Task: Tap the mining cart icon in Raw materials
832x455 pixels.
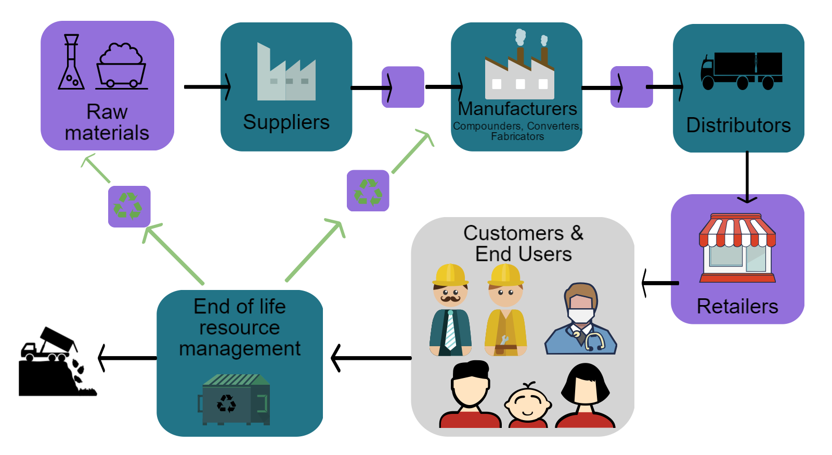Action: (121, 66)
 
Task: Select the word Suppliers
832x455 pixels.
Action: (286, 122)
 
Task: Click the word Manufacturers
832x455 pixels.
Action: (517, 109)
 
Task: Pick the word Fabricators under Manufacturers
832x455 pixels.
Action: (517, 137)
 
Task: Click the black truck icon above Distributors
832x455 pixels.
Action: (741, 70)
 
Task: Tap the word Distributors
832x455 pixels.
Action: (738, 125)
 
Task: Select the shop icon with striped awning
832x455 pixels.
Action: (737, 248)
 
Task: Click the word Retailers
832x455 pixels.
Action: (737, 307)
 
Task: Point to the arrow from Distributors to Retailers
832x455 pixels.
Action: (747, 177)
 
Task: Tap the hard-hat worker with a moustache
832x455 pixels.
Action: (450, 310)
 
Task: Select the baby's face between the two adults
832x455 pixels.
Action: (528, 404)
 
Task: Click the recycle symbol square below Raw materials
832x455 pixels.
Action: (129, 206)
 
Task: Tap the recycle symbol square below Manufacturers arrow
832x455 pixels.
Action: (368, 191)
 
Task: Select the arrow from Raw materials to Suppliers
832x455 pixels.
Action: (207, 87)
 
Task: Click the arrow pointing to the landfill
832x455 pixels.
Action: (127, 358)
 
